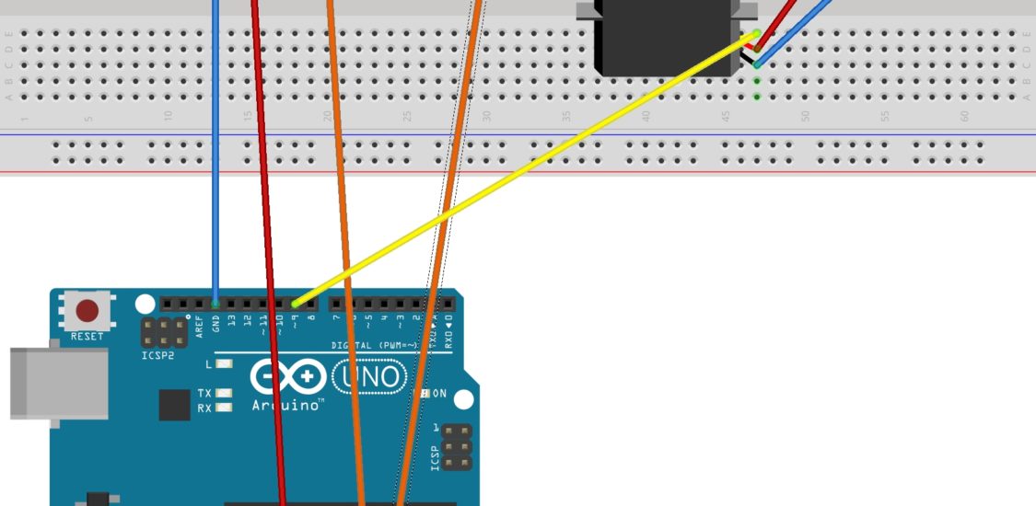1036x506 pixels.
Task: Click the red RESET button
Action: click(87, 310)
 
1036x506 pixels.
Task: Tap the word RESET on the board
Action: click(87, 337)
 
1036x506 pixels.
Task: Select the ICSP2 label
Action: click(157, 355)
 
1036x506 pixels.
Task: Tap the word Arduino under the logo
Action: click(286, 404)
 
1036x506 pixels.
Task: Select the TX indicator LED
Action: click(224, 394)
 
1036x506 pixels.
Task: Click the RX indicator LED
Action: click(224, 408)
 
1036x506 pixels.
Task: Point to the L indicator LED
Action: click(224, 363)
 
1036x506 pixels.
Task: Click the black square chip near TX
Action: click(174, 405)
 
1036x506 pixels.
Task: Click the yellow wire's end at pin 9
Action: click(295, 304)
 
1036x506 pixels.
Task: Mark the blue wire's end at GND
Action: click(215, 303)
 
